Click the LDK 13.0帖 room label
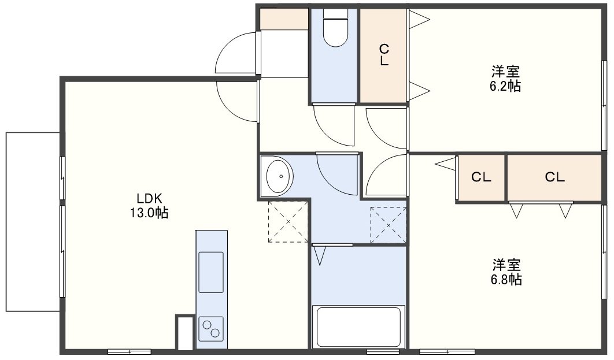(x=149, y=206)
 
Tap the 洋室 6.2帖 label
(x=505, y=79)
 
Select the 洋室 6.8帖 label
(x=506, y=272)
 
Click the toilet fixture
(x=335, y=28)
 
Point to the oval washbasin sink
(x=280, y=176)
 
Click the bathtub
(x=358, y=327)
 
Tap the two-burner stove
(x=210, y=328)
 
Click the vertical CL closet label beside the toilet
(x=384, y=55)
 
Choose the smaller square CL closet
(x=481, y=178)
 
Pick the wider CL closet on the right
(x=554, y=177)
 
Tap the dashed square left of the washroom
(x=288, y=222)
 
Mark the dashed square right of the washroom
(x=388, y=225)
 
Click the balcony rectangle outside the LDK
(x=33, y=222)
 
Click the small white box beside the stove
(x=185, y=333)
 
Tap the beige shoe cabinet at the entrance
(x=284, y=18)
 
